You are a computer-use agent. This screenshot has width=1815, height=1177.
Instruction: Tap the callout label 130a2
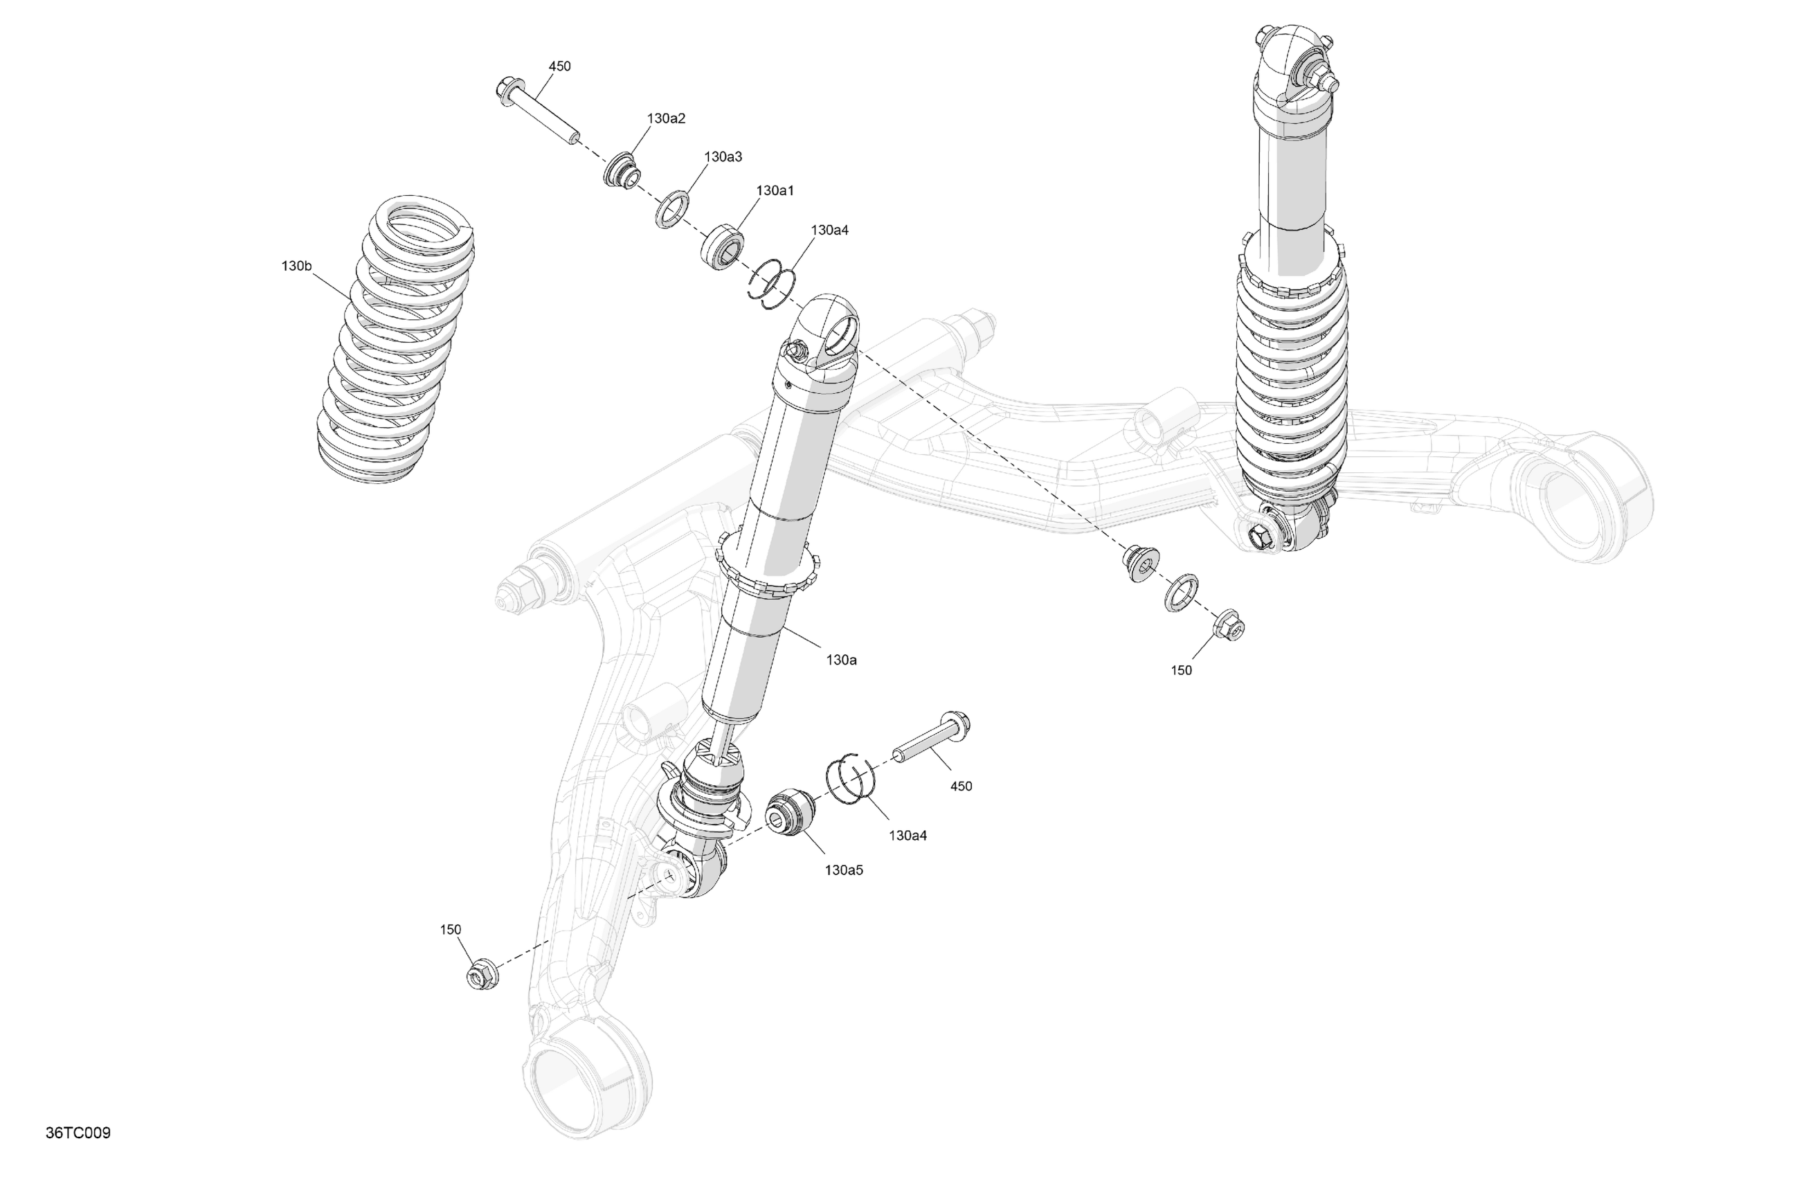(x=666, y=118)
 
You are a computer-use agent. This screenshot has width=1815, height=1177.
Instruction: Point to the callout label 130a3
(x=722, y=156)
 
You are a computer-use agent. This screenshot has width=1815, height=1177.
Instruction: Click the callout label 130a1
(x=775, y=190)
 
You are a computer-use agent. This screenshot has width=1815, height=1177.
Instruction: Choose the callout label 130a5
(x=843, y=870)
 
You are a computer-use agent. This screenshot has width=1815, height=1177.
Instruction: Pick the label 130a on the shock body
(x=841, y=660)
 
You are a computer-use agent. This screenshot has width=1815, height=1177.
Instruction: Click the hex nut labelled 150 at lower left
(x=482, y=975)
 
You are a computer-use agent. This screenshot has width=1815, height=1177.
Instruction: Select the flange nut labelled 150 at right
(x=1228, y=625)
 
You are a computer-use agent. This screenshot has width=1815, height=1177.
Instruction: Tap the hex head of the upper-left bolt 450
(x=507, y=91)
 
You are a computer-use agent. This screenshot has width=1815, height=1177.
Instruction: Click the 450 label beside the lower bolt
(x=961, y=786)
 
